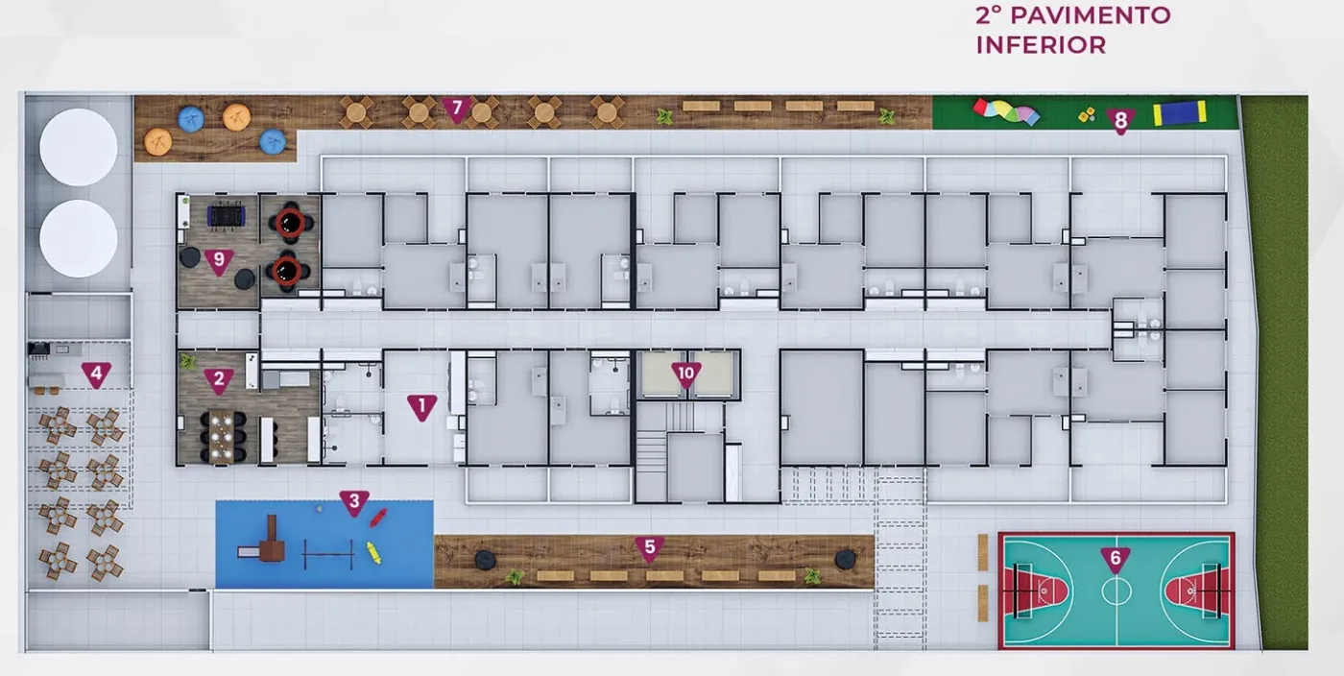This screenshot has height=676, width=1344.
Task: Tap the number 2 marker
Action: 219,380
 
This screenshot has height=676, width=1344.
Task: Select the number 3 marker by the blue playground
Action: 354,502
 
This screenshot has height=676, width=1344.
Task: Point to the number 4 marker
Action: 96,374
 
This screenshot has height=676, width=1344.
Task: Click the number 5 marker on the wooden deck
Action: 650,548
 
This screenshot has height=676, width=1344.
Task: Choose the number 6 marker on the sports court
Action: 1116,559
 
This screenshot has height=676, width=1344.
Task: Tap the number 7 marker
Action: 457,109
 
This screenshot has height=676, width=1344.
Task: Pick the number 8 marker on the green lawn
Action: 1121,122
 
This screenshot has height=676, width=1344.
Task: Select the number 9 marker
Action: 219,261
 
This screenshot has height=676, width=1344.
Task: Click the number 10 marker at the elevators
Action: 685,375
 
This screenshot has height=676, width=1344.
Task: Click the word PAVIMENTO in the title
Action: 1091,15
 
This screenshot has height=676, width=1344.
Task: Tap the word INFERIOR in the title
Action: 1041,45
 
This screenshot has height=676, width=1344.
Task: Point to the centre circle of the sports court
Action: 1116,591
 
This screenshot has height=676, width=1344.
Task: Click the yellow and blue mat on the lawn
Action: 1180,113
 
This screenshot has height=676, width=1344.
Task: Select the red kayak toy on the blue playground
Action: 378,518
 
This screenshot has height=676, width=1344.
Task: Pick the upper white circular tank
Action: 78,147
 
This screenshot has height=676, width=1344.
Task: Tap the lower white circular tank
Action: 78,238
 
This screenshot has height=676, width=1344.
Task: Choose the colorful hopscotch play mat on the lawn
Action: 1006,111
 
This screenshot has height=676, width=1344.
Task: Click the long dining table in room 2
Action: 222,437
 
